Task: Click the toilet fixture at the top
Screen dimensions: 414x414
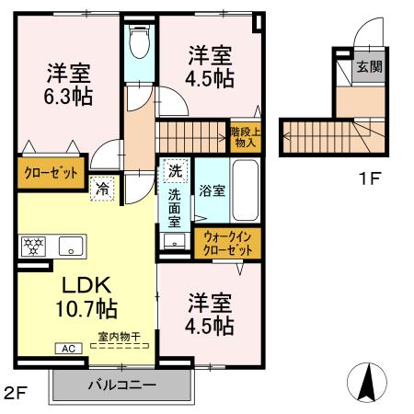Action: point(140,40)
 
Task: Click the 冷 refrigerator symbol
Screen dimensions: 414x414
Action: point(103,189)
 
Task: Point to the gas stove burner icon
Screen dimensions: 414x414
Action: point(33,247)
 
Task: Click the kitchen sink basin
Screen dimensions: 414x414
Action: point(69,247)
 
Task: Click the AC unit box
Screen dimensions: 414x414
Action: point(69,349)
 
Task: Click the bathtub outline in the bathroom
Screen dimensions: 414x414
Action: point(246,190)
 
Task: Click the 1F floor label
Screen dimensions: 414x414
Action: point(369,178)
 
